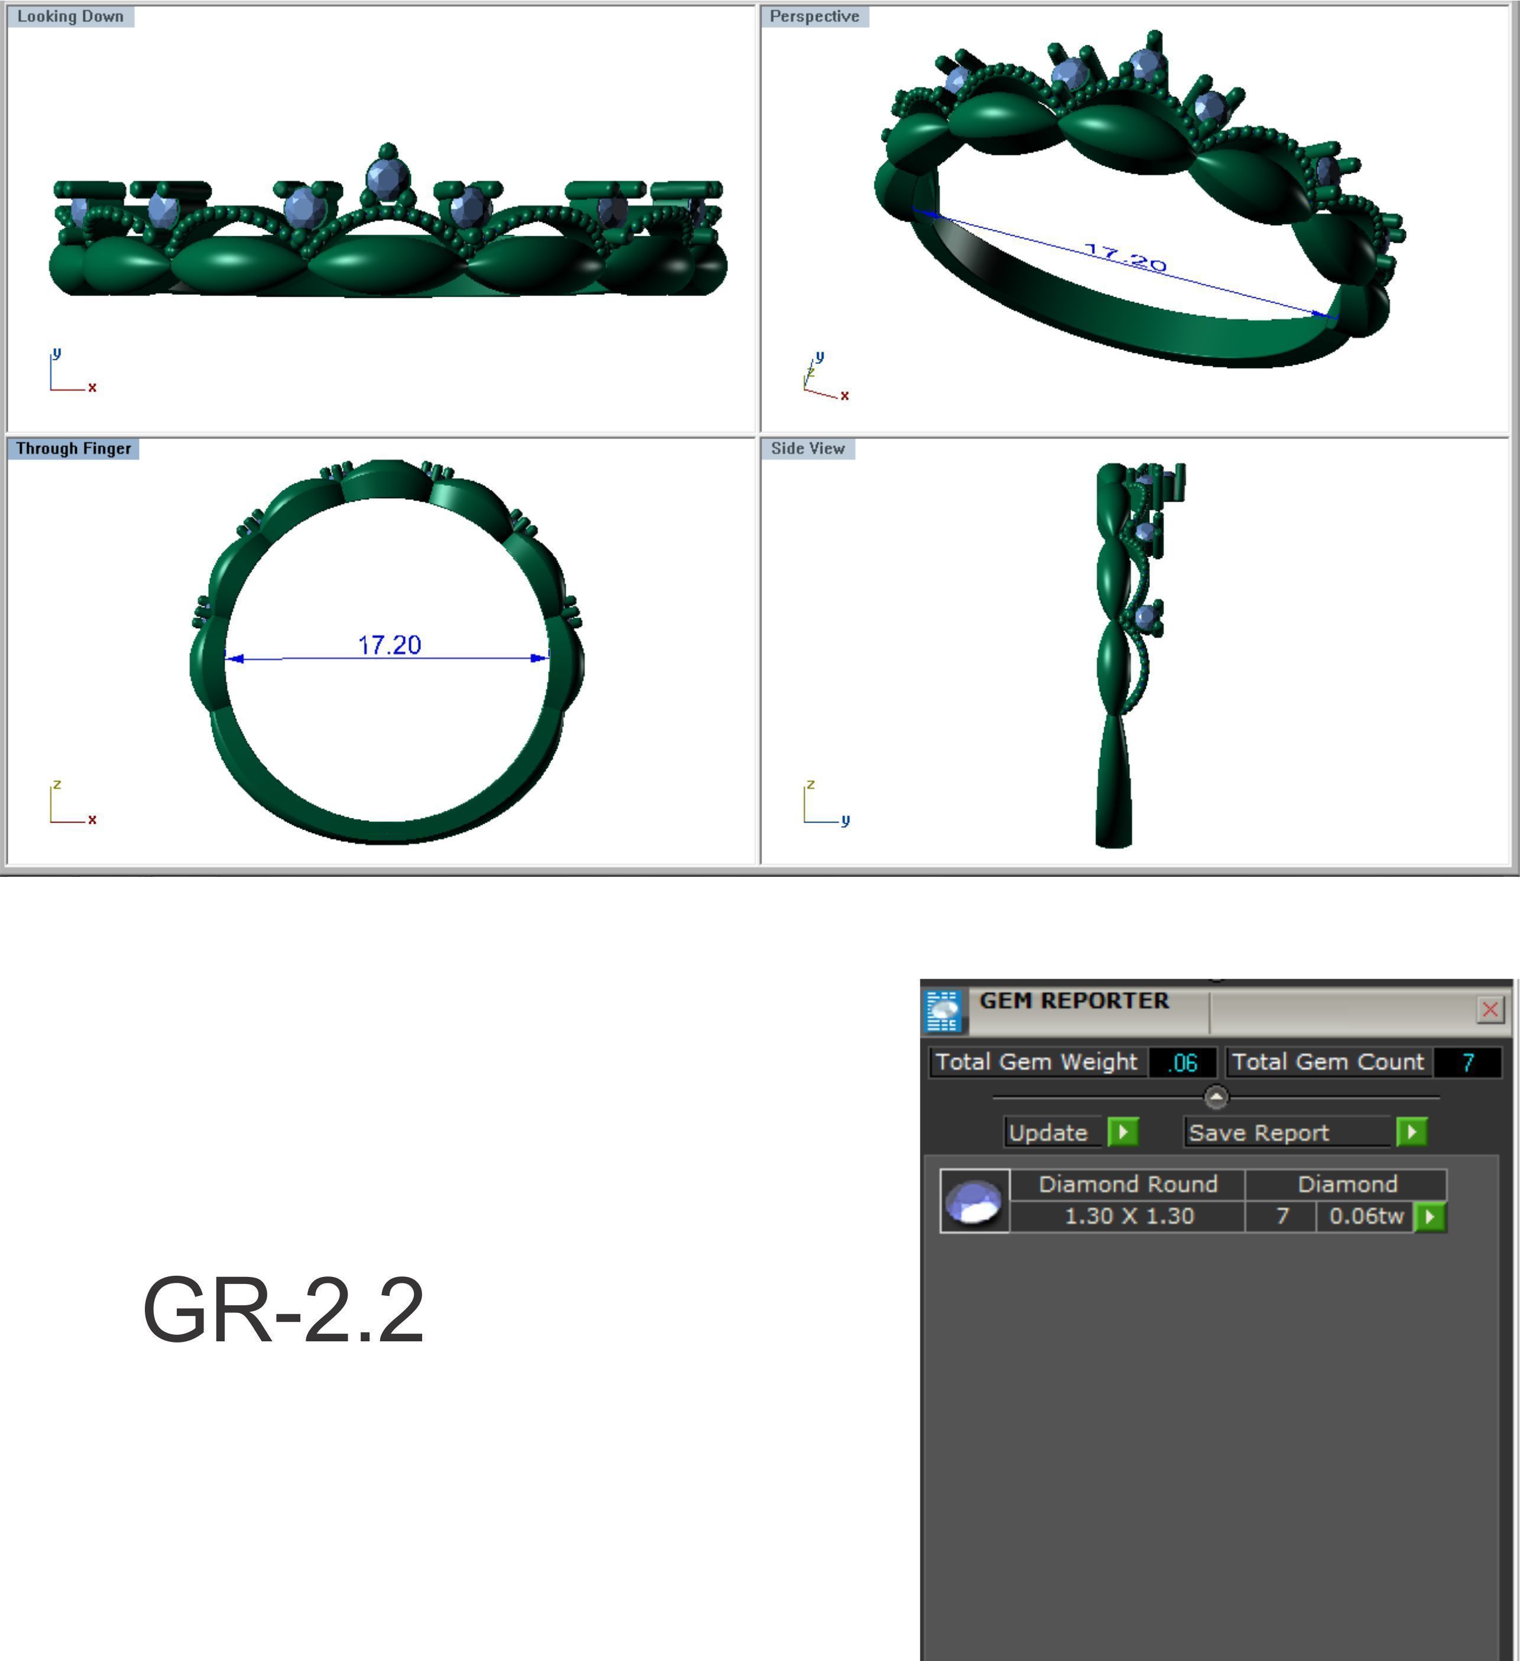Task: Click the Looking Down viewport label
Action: pyautogui.click(x=70, y=17)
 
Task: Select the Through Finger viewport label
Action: pyautogui.click(x=73, y=448)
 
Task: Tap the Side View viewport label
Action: pyautogui.click(x=807, y=448)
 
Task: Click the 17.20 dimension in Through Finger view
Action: pyautogui.click(x=389, y=645)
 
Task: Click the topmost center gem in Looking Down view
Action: pyautogui.click(x=386, y=177)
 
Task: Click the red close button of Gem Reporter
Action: pyautogui.click(x=1489, y=1009)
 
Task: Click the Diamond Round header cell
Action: pyautogui.click(x=1127, y=1184)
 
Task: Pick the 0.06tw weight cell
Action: pyautogui.click(x=1366, y=1216)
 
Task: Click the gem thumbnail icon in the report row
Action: pyautogui.click(x=974, y=1201)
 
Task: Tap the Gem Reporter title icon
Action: pyautogui.click(x=943, y=1010)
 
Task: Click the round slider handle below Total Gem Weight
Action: pyautogui.click(x=1216, y=1097)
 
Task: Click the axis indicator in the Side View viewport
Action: pyautogui.click(x=822, y=803)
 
